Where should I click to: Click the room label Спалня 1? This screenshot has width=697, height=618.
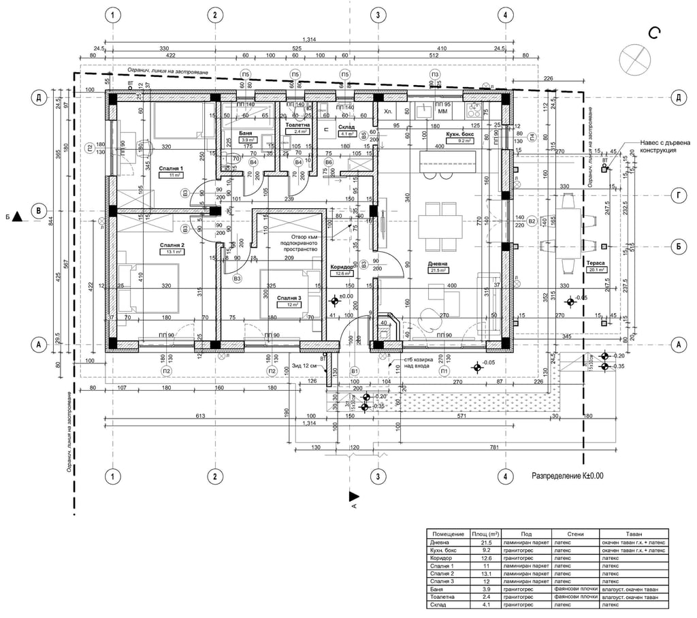click(x=172, y=167)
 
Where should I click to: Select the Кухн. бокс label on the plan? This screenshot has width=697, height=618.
click(x=460, y=135)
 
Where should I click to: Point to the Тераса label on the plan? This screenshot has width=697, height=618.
click(x=595, y=262)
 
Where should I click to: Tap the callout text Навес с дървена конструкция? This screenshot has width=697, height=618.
click(x=666, y=146)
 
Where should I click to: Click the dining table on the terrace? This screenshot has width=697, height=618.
click(x=572, y=221)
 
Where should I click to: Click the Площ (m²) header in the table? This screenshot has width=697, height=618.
click(x=485, y=534)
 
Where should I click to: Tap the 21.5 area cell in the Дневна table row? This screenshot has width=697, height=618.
click(x=485, y=542)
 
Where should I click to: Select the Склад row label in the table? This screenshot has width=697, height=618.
click(x=438, y=604)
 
